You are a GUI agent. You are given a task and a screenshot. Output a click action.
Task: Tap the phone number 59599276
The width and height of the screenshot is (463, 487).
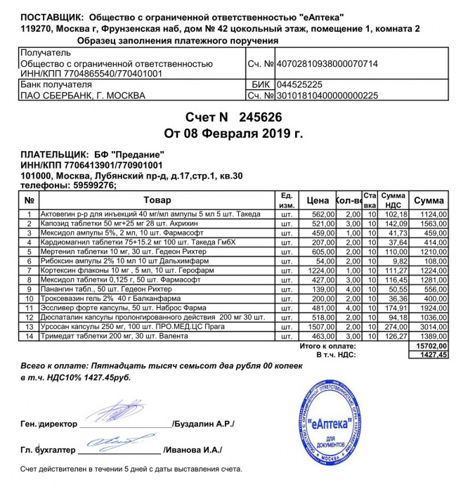(x=90, y=186)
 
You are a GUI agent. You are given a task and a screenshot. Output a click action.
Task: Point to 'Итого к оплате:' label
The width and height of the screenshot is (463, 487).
(x=327, y=346)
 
